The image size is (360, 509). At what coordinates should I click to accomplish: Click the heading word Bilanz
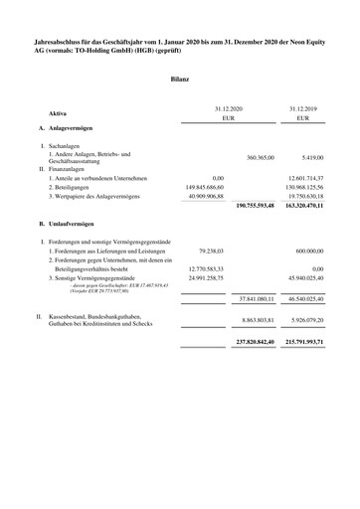coord(180,77)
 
